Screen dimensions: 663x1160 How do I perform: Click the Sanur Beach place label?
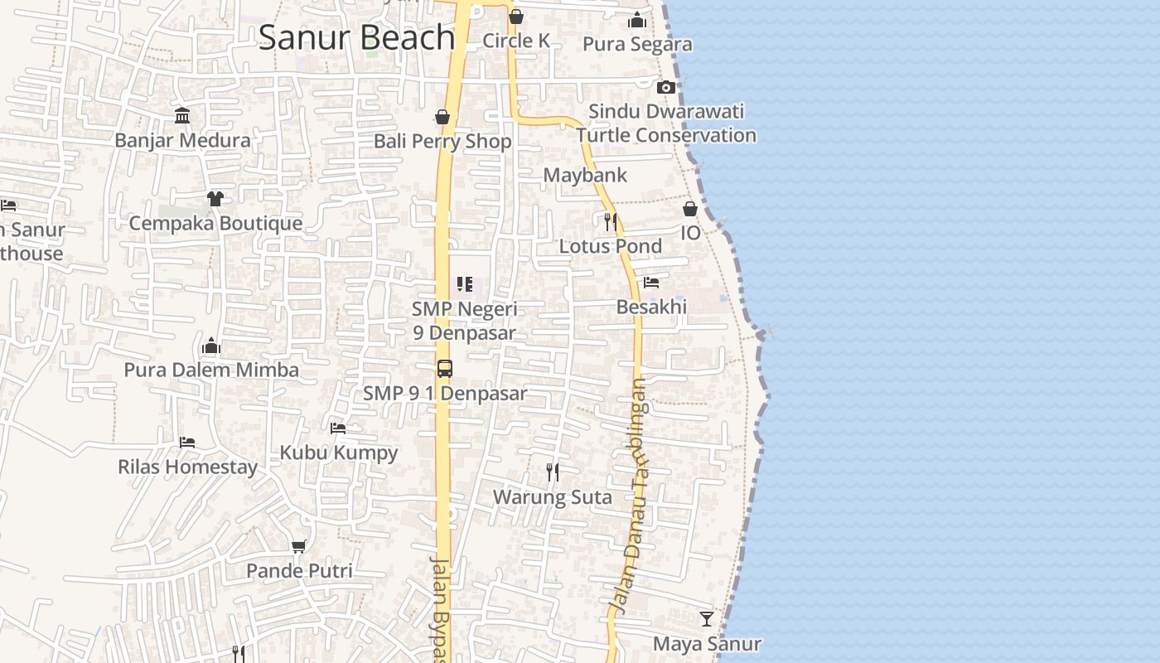coord(356,38)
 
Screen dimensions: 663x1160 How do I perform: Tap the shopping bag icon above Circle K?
coord(516,17)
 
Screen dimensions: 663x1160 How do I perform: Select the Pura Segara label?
coord(637,44)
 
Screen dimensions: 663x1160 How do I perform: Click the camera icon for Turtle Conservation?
coord(665,87)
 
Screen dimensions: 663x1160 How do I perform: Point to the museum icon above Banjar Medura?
coord(182,116)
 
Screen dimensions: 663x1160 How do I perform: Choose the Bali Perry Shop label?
coord(442,141)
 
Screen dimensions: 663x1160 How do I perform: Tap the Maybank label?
coord(585,176)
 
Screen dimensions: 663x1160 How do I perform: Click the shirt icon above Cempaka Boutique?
coord(215,199)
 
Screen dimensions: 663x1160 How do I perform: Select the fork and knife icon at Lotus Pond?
coord(611,221)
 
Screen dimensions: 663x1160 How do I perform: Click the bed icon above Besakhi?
coord(651,283)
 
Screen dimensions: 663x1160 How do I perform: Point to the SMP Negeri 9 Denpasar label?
coord(465,321)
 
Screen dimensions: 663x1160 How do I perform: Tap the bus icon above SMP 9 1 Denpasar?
coord(445,369)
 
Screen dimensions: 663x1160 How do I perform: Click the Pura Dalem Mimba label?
coord(211,370)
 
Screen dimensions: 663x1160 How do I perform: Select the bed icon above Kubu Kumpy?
coord(338,428)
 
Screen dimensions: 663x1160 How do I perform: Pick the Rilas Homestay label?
coord(187,467)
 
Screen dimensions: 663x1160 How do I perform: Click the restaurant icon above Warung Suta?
coord(553,472)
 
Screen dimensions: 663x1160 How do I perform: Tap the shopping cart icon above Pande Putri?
coord(299,546)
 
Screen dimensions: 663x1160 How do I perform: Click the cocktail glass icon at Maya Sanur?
coord(707,619)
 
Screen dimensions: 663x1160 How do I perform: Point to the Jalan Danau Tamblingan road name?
coord(630,497)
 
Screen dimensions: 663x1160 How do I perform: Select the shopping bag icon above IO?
coord(690,209)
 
